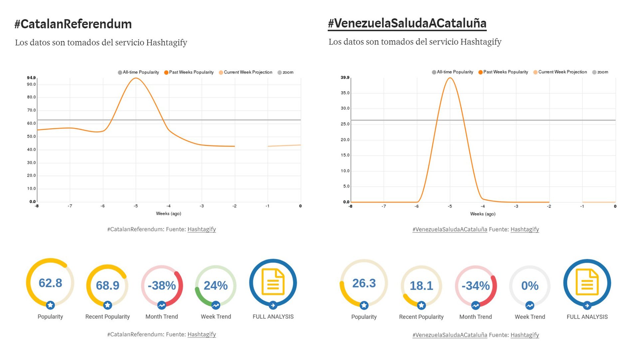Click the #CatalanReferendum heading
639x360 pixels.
(x=73, y=24)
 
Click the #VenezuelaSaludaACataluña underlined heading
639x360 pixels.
(x=407, y=23)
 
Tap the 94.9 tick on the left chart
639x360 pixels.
(x=31, y=78)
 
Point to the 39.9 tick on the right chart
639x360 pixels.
(x=345, y=78)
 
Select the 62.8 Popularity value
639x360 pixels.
(x=50, y=283)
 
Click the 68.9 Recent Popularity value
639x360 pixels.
(x=107, y=285)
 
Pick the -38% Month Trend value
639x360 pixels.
(x=162, y=285)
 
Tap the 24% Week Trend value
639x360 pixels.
(x=216, y=285)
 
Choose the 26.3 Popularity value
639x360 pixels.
(x=364, y=283)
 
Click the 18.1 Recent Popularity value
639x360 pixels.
(x=421, y=286)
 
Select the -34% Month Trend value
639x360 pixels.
(x=476, y=286)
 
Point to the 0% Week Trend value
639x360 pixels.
(x=530, y=286)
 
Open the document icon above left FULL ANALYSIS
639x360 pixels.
(x=273, y=282)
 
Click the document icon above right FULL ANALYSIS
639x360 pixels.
(x=587, y=282)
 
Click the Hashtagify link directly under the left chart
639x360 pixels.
(x=202, y=229)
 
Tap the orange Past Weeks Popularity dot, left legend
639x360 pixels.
(x=166, y=73)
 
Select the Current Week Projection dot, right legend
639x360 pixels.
(x=535, y=72)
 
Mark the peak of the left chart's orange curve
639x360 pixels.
(x=136, y=78)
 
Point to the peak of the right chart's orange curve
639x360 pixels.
(x=450, y=78)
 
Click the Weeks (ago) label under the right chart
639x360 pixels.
(x=483, y=214)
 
